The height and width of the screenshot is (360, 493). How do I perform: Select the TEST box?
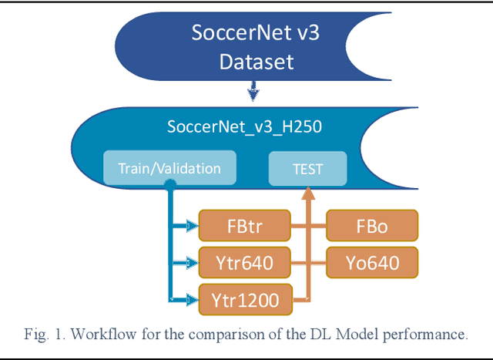[307, 168]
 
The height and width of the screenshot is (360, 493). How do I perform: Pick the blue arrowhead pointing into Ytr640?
[192, 262]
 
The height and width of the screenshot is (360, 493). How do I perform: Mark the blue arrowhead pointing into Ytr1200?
[192, 298]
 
